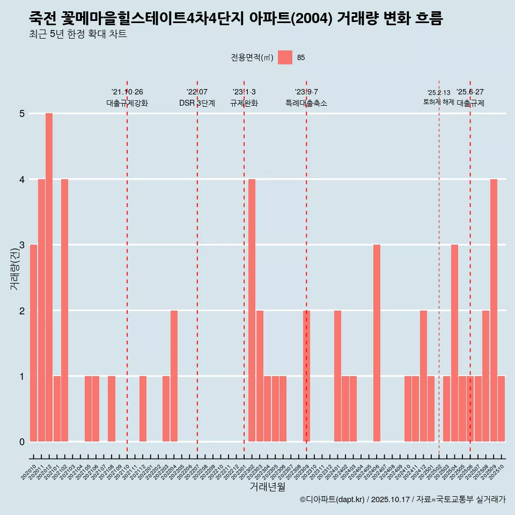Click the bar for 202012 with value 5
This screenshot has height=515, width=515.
tap(49, 277)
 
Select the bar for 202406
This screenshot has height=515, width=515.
tap(377, 343)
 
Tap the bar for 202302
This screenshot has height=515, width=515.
tap(252, 310)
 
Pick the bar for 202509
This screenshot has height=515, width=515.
tap(494, 310)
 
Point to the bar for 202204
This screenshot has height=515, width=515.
tap(174, 376)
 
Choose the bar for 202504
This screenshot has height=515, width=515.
tap(454, 343)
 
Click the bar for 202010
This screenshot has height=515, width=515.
tap(33, 343)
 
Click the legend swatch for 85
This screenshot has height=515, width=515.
tap(285, 58)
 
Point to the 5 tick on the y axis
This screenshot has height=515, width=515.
tap(22, 114)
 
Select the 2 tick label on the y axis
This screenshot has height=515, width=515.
tap(22, 311)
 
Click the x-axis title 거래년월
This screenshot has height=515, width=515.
tap(268, 487)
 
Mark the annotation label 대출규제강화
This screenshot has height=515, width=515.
tap(127, 103)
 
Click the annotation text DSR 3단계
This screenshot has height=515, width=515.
tap(197, 103)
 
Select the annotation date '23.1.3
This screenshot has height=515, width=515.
tap(244, 92)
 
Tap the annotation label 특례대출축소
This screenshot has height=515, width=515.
tap(306, 103)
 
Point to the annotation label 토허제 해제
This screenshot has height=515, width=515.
tap(438, 102)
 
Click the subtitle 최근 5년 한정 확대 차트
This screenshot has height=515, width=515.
tap(78, 34)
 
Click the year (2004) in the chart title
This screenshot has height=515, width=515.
tap(312, 18)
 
